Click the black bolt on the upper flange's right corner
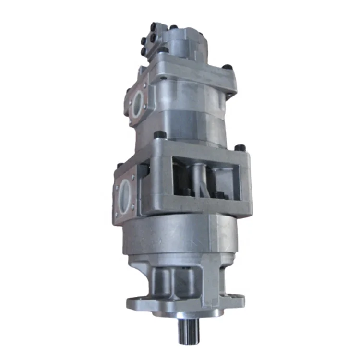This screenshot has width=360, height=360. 230,67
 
